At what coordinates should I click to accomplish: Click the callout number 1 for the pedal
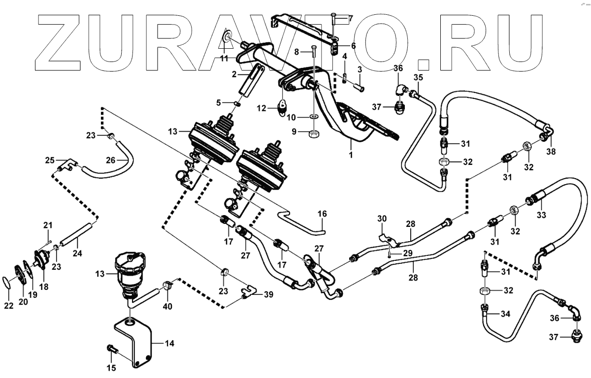[351, 155]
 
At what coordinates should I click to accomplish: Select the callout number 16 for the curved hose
[322, 215]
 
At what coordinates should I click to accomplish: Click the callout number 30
[383, 219]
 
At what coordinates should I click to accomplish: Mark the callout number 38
[551, 152]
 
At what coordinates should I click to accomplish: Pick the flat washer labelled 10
[313, 117]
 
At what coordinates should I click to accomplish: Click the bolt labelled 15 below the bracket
[112, 349]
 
